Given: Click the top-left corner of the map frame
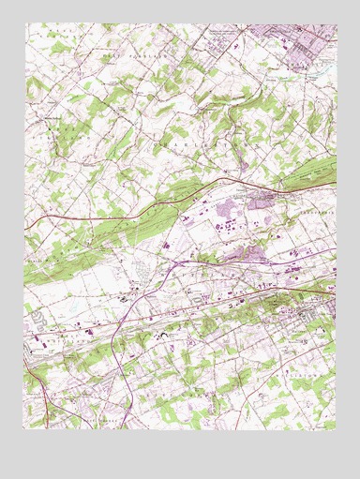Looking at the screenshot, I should click(x=24, y=24).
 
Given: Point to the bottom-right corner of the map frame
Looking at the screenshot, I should click(x=336, y=429).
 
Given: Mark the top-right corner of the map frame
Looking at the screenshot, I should click(x=336, y=24).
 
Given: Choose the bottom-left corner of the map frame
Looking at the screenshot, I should click(x=24, y=429).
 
